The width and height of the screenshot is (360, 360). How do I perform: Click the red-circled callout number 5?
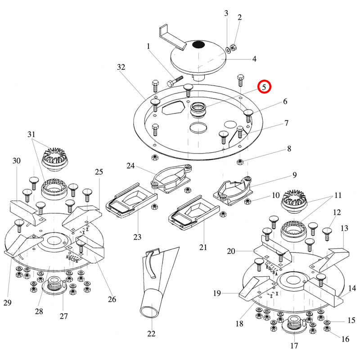[264, 86]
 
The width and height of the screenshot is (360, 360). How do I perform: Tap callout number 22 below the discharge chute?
[151, 333]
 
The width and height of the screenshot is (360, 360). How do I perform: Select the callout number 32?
[121, 67]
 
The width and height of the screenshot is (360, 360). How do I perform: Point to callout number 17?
[294, 346]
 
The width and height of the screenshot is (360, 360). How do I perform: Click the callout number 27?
[63, 316]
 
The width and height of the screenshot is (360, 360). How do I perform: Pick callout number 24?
[130, 166]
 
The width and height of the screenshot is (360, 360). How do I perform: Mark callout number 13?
[344, 229]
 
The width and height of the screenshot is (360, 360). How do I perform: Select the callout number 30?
[17, 161]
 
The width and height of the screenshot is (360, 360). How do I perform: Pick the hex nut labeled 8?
[240, 162]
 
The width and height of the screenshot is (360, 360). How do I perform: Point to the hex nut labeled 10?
[247, 201]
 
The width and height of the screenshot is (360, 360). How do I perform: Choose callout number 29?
[7, 303]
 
